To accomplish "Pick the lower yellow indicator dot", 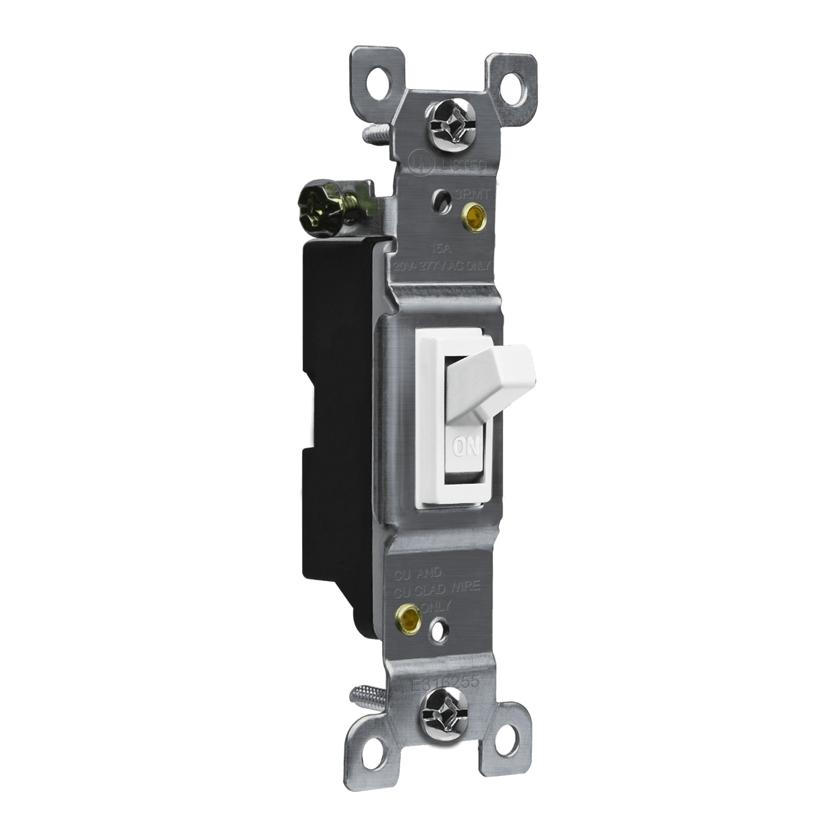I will click(x=407, y=617).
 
